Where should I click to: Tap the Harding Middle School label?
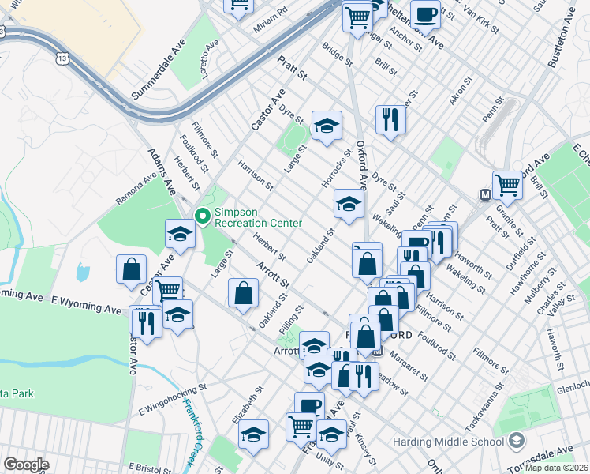coord(465,438)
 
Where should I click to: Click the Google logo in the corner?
coord(26,465)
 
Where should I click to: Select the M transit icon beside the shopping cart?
coord(486,194)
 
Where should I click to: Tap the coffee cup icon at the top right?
coord(426,15)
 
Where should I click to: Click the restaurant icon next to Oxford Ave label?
coord(390,120)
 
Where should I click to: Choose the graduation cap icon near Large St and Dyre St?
coord(326,126)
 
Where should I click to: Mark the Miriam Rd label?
coord(271,21)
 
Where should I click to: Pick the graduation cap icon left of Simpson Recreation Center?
coord(180,235)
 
